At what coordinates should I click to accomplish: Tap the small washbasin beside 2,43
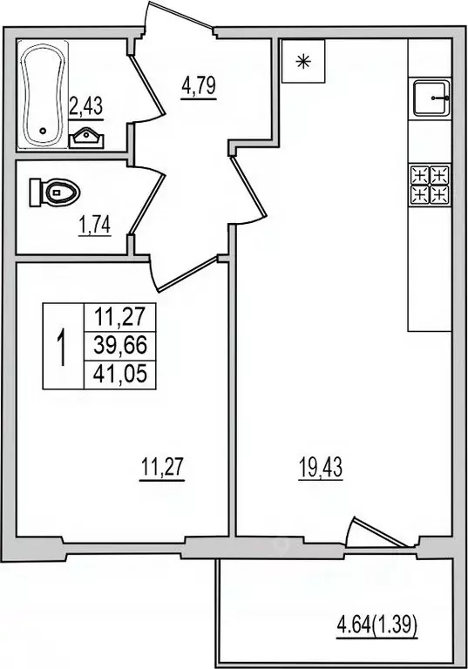coord(88,136)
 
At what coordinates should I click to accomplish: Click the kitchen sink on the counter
coord(431,98)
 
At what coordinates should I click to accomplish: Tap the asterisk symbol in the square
coord(302,61)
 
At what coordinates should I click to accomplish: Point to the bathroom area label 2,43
coord(86,107)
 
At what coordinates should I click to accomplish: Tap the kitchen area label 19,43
coord(318,469)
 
